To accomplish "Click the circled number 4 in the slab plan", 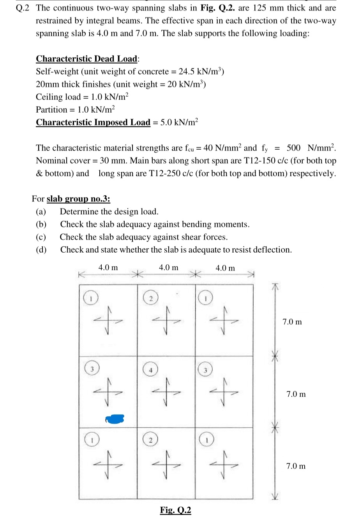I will [x=150, y=370].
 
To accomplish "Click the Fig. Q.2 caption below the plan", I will [x=175, y=510].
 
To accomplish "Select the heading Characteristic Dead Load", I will [x=86, y=59].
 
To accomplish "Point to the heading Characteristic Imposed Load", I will [x=93, y=122].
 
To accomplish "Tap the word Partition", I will [x=51, y=110].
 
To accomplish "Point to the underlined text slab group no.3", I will [x=78, y=199].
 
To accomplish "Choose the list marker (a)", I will [x=41, y=212].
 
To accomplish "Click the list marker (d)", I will [x=41, y=250].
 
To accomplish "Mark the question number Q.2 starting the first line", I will [x=23, y=8].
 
